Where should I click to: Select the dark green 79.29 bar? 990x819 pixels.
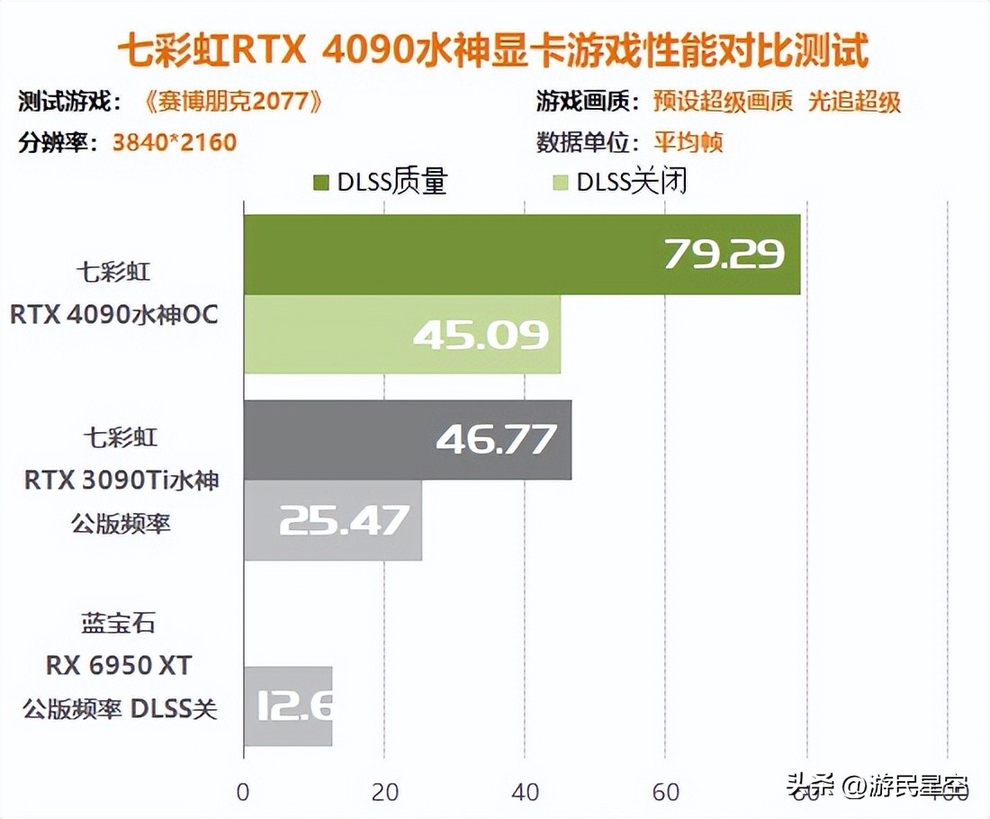(521, 255)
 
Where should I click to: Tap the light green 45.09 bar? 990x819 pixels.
(401, 334)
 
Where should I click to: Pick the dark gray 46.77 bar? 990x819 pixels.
(407, 440)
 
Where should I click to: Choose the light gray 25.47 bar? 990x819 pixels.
(332, 519)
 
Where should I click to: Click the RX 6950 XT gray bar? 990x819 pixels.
(288, 706)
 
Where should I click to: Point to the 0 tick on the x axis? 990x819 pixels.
(243, 792)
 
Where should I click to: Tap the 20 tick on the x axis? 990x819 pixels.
(384, 792)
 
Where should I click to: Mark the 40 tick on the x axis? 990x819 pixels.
(525, 792)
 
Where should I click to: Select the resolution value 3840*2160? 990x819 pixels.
(174, 142)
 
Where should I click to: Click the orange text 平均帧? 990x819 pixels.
(688, 142)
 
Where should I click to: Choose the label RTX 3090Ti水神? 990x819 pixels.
(121, 481)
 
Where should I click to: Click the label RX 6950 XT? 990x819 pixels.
(119, 666)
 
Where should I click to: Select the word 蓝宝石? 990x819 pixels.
(119, 623)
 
